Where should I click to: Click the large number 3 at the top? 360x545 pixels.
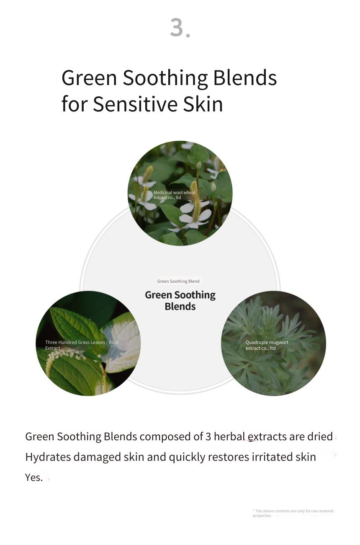(177, 27)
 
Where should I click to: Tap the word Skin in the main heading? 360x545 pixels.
(203, 104)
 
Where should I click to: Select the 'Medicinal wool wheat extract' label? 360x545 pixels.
(174, 195)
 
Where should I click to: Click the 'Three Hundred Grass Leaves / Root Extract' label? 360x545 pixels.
(82, 345)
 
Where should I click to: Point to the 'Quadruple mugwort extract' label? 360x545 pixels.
(267, 345)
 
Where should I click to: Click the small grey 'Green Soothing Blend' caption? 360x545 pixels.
(178, 281)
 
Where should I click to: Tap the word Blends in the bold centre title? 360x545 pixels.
(180, 307)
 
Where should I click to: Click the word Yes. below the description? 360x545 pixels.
(34, 478)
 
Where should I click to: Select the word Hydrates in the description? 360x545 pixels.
(48, 457)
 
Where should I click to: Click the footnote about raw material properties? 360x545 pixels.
(293, 513)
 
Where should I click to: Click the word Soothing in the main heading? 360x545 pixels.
(165, 78)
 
